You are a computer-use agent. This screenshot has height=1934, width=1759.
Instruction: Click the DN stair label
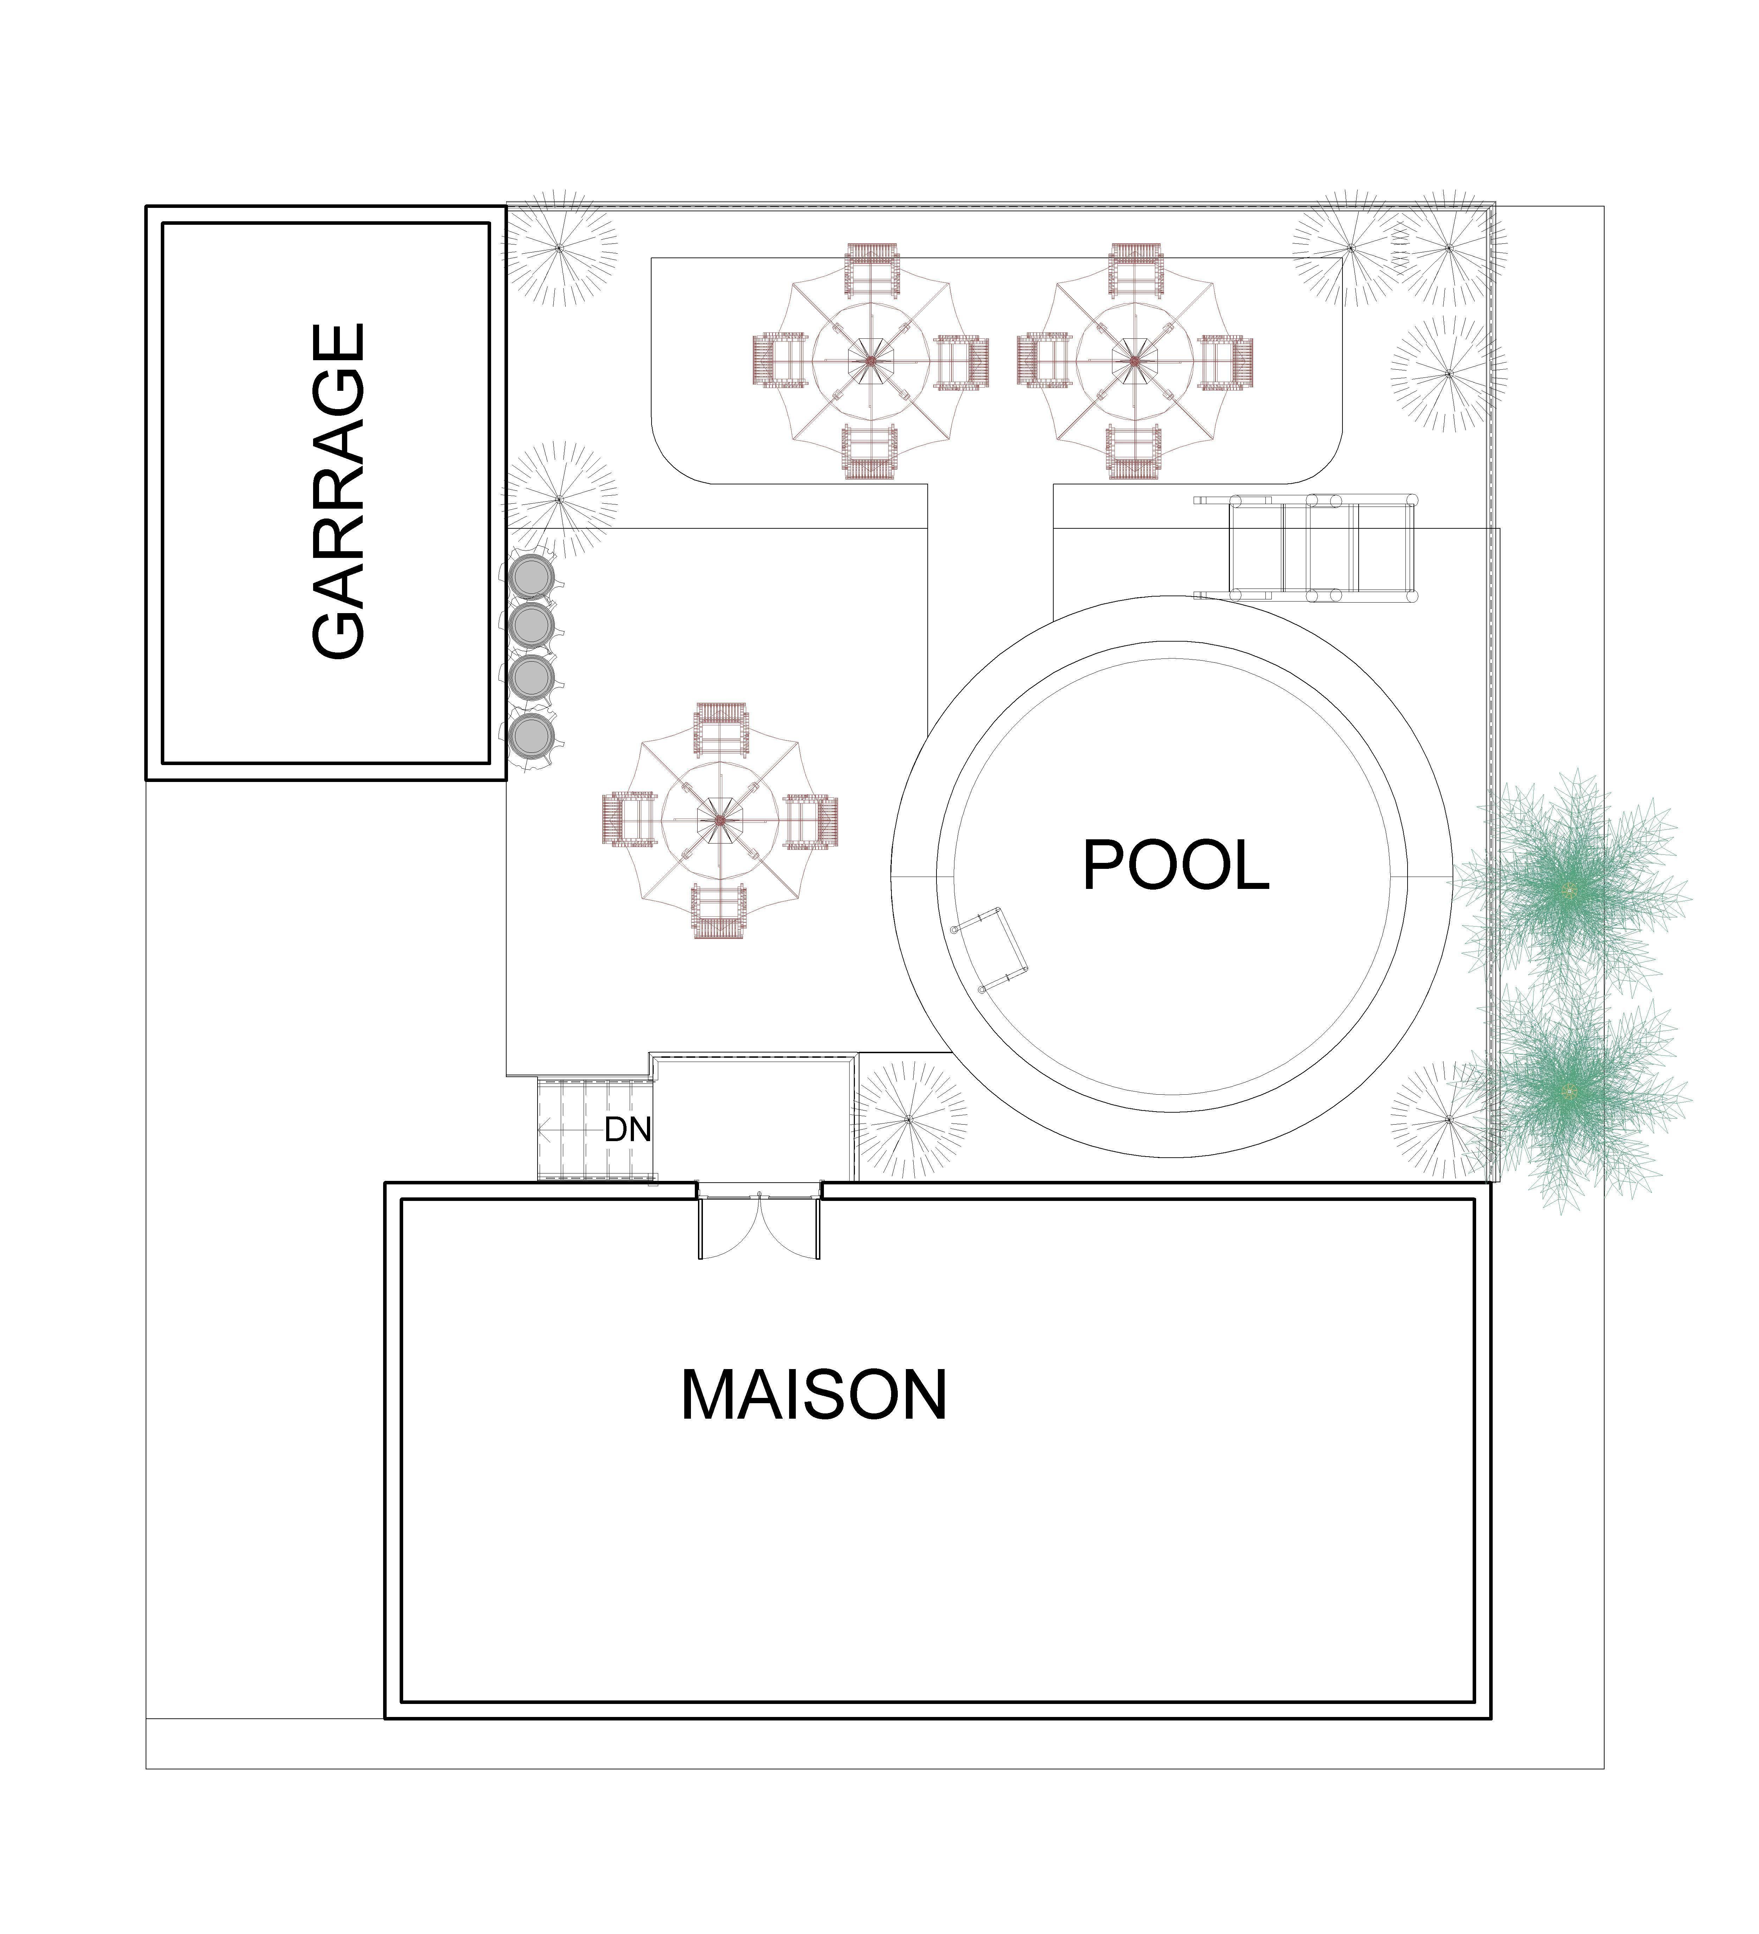point(628,1130)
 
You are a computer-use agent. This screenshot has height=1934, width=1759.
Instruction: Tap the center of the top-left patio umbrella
point(870,361)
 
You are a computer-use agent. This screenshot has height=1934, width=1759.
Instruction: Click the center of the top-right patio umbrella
point(1133,361)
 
